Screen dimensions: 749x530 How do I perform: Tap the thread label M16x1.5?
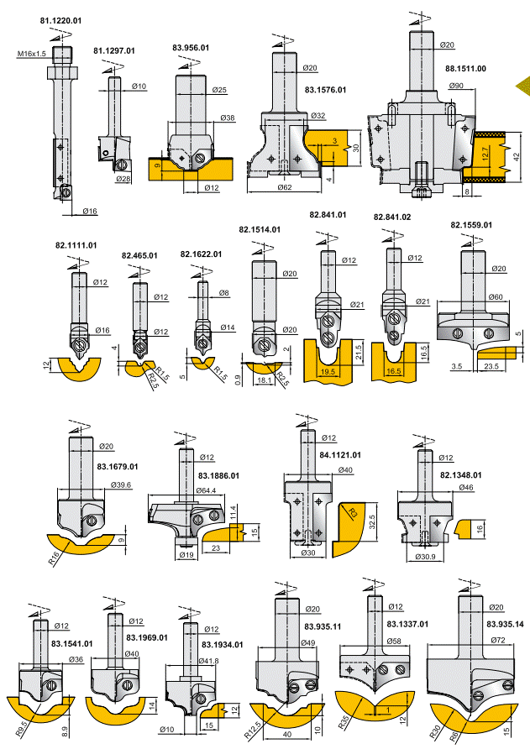tap(31, 54)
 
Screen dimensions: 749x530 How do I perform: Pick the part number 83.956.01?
tap(191, 48)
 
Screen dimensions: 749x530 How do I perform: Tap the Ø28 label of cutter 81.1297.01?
tap(123, 179)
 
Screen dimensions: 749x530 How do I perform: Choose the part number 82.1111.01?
tap(76, 245)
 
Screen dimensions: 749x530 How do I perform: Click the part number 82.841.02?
tap(392, 217)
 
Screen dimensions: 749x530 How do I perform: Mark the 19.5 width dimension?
tap(328, 369)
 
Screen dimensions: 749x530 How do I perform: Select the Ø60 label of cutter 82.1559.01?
tap(495, 296)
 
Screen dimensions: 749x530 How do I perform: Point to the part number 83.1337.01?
tap(407, 624)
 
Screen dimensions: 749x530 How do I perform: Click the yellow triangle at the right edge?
tap(523, 84)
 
